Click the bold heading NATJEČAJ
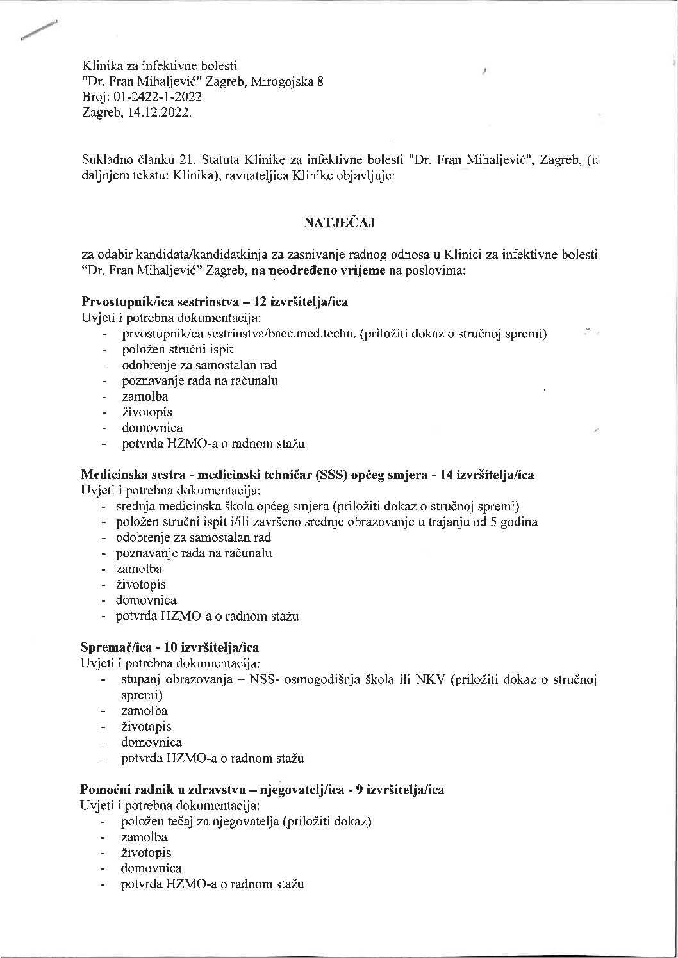coord(339,223)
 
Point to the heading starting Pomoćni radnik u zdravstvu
coord(262,790)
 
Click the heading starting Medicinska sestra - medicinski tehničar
coord(308,475)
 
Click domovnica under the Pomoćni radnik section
coord(151,868)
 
